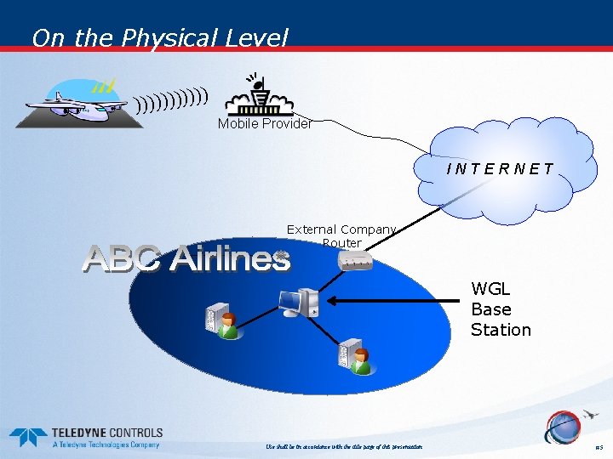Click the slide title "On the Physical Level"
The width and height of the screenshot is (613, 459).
pyautogui.click(x=160, y=38)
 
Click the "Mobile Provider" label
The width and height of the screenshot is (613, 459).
pyautogui.click(x=264, y=124)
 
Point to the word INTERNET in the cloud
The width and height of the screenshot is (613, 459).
pyautogui.click(x=500, y=169)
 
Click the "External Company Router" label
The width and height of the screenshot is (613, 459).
pyautogui.click(x=341, y=235)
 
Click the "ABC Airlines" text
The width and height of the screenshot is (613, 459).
pyautogui.click(x=186, y=258)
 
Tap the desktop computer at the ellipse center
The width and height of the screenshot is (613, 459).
pyautogui.click(x=299, y=302)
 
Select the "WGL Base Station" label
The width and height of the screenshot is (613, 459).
pyautogui.click(x=501, y=309)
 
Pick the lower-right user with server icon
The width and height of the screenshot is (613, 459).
pyautogui.click(x=355, y=357)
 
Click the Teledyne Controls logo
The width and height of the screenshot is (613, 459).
pyautogui.click(x=85, y=437)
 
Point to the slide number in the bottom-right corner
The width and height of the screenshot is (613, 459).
pyautogui.click(x=599, y=447)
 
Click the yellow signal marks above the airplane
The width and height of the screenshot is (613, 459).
pyautogui.click(x=104, y=86)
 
